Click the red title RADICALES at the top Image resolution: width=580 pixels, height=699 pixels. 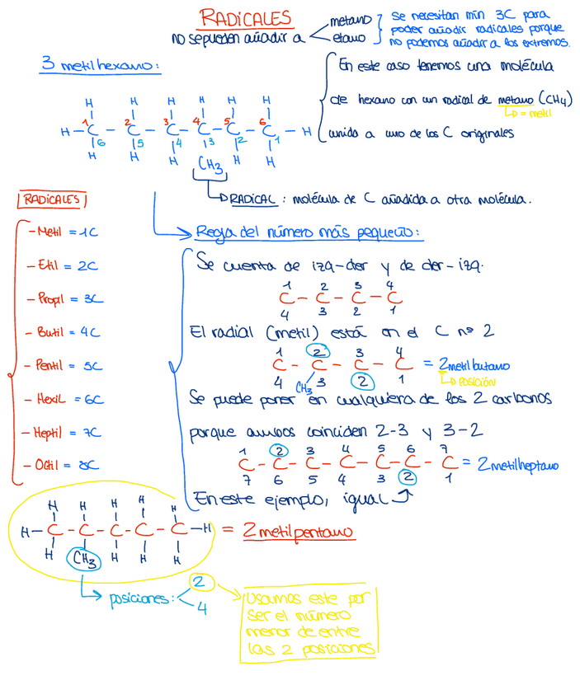(246, 17)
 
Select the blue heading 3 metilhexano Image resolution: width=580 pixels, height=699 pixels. (99, 66)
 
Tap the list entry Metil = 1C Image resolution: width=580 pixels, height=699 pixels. (63, 232)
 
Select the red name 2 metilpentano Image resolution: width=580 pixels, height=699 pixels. (298, 532)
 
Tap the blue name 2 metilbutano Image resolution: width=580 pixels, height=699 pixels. (473, 364)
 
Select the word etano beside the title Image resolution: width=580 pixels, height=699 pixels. (349, 37)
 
